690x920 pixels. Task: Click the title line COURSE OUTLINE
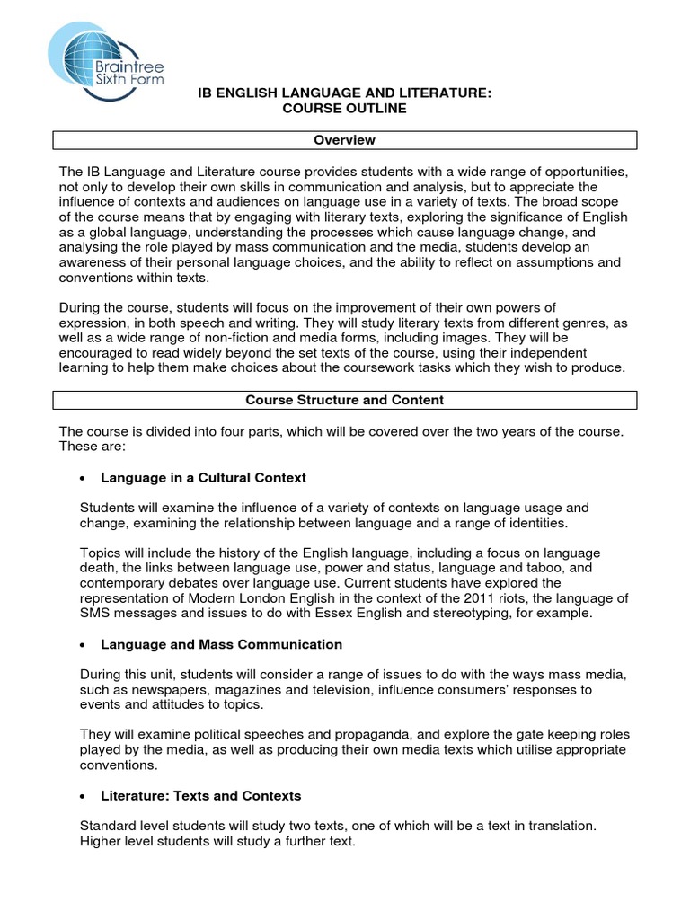[345, 109]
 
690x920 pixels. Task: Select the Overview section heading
[345, 140]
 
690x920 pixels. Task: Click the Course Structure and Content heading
[345, 400]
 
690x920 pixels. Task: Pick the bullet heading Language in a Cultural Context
[203, 477]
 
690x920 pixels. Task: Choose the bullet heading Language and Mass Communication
[221, 644]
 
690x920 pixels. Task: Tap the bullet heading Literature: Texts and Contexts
[200, 796]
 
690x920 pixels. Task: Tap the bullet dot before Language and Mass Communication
[83, 645]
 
